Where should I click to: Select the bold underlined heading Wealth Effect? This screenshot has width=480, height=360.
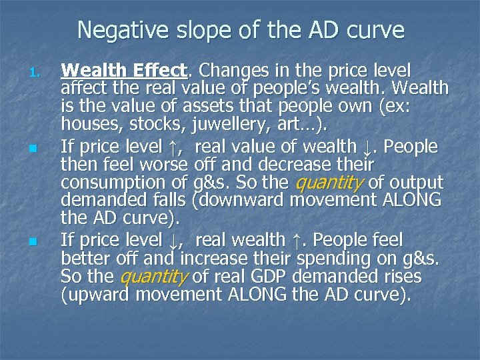[x=123, y=70]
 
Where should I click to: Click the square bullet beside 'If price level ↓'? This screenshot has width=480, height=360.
[x=40, y=241]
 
